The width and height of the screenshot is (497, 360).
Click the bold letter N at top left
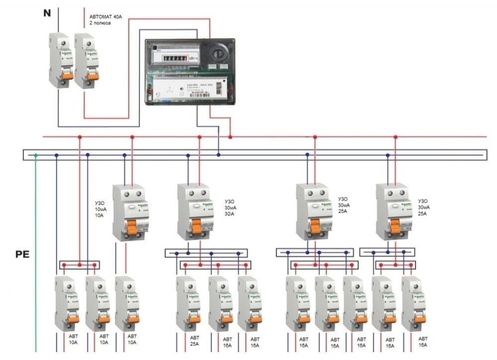(x=47, y=13)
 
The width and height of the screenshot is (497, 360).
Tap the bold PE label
(x=22, y=255)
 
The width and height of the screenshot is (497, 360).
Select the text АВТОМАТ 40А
(x=106, y=16)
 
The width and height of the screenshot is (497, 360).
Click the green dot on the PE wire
(x=35, y=156)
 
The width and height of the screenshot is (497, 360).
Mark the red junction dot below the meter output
(x=230, y=136)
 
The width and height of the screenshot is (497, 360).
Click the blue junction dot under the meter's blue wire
(x=218, y=156)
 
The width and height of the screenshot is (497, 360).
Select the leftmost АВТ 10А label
(x=73, y=340)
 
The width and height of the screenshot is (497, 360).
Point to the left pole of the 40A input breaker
(x=59, y=60)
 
